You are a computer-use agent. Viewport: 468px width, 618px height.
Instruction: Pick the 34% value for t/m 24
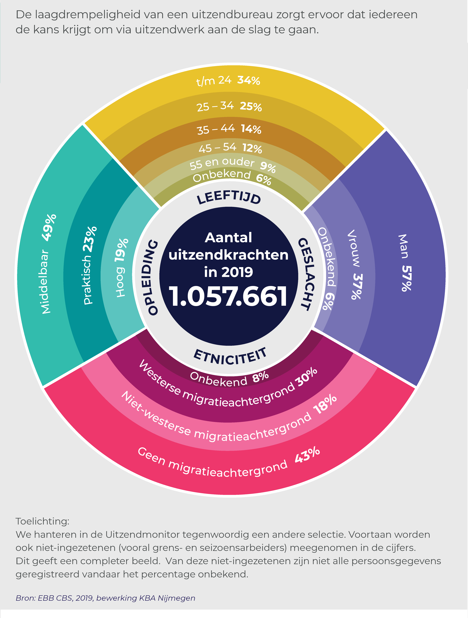point(248,80)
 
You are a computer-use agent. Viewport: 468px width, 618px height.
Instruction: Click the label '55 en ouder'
point(222,163)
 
